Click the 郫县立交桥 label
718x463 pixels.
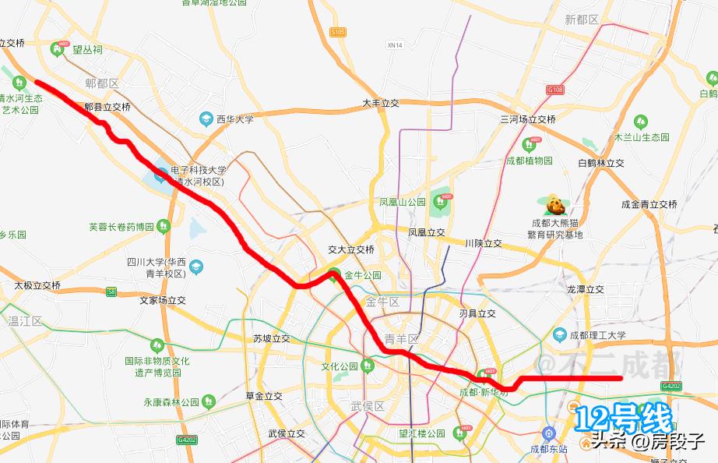[x=107, y=107]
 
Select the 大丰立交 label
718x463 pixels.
[x=380, y=103]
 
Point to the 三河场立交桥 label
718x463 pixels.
[x=528, y=119]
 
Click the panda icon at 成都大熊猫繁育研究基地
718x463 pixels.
[x=554, y=206]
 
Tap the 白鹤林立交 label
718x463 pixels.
[x=601, y=163]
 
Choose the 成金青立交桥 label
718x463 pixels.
[x=649, y=204]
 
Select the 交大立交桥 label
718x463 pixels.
[x=351, y=249]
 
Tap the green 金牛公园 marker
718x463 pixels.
[x=334, y=274]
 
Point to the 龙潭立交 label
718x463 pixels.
[x=586, y=288]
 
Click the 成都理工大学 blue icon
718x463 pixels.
[x=559, y=334]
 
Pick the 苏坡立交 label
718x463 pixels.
[x=272, y=338]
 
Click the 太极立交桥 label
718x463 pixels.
[x=37, y=285]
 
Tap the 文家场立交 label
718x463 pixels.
[x=163, y=299]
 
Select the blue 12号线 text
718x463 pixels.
[x=623, y=419]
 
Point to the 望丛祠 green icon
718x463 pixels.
[x=57, y=50]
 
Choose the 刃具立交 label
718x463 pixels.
[x=477, y=314]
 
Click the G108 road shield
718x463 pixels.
[x=554, y=90]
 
